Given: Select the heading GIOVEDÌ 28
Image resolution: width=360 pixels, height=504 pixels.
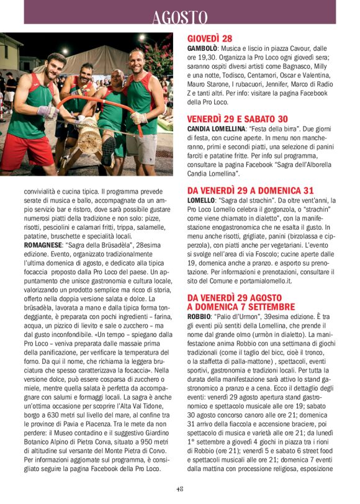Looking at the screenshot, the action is (210, 38).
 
